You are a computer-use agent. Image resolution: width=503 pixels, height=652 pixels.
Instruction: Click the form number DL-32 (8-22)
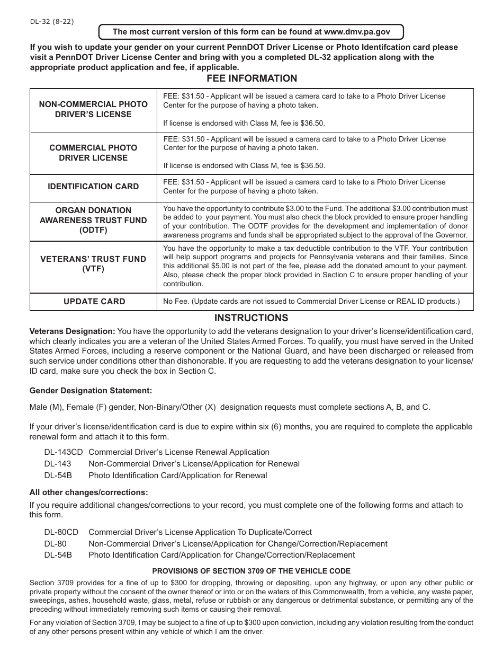click(x=51, y=22)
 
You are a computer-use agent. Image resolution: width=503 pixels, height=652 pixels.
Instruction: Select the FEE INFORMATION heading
click(x=251, y=78)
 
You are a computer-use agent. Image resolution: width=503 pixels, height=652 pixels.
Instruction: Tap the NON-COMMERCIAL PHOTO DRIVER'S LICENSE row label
click(x=93, y=109)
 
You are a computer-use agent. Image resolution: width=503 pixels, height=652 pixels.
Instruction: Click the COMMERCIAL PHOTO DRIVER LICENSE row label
click(x=93, y=153)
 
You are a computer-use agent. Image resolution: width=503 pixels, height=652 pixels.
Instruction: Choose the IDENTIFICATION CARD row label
click(x=93, y=187)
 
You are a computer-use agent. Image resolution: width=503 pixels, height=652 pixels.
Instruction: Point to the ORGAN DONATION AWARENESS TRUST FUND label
click(x=93, y=220)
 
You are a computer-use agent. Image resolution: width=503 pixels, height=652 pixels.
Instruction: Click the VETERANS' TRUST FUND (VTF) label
click(x=93, y=264)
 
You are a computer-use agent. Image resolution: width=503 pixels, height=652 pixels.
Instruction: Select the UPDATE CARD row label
click(x=94, y=302)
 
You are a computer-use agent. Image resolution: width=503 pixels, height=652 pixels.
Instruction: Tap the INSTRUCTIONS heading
click(x=251, y=318)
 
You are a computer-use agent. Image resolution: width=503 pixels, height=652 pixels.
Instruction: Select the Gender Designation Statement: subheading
click(x=91, y=391)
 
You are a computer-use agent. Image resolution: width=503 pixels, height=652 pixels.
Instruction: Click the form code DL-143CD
click(x=64, y=452)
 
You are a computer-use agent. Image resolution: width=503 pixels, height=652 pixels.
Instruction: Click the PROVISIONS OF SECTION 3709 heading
click(x=251, y=571)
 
